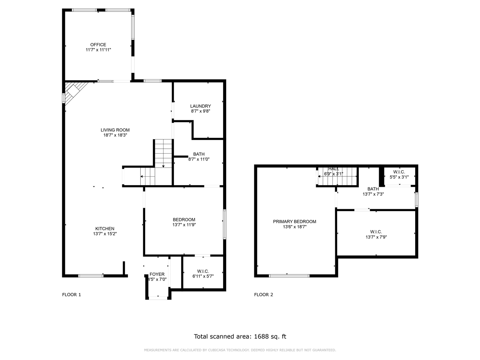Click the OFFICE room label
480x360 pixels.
98,45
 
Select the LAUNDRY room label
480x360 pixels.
200,106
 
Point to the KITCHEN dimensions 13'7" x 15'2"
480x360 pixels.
105,234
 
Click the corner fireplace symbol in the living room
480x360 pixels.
74,91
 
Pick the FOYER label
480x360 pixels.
157,274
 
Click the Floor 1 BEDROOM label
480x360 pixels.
184,220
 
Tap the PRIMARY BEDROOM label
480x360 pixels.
294,222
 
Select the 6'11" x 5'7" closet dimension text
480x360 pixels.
203,276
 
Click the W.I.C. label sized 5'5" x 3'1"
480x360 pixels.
399,172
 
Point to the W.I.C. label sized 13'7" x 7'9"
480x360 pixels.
376,232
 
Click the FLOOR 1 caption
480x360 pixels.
71,295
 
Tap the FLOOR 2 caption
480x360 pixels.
264,295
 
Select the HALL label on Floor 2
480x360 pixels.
333,169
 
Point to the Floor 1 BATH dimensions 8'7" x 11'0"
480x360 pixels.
199,159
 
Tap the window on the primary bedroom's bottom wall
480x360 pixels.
289,276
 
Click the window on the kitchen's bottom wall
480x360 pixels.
91,276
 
